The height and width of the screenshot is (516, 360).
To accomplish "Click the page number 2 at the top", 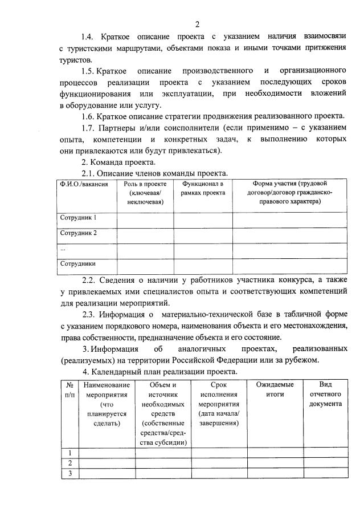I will (x=197, y=23).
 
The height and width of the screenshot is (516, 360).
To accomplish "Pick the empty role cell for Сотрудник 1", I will (x=145, y=218).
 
